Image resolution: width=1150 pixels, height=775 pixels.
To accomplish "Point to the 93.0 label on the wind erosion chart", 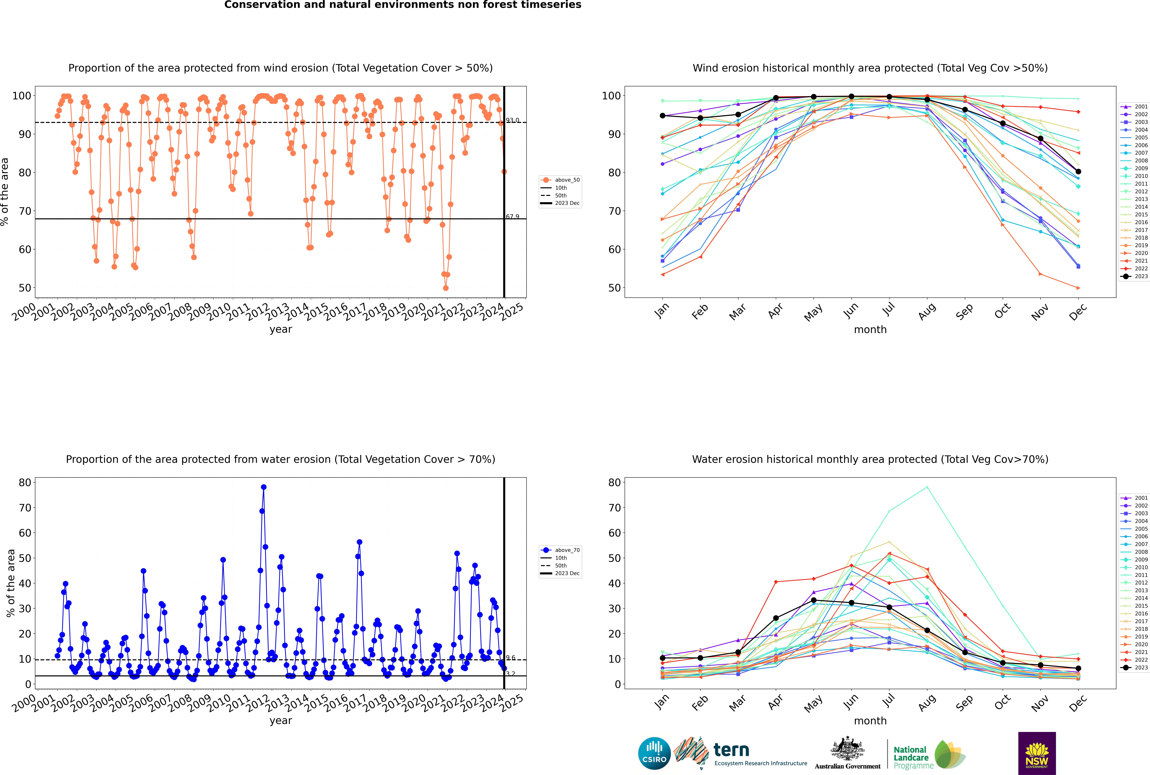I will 512,120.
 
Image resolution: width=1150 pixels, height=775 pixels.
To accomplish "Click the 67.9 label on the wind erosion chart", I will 512,217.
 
